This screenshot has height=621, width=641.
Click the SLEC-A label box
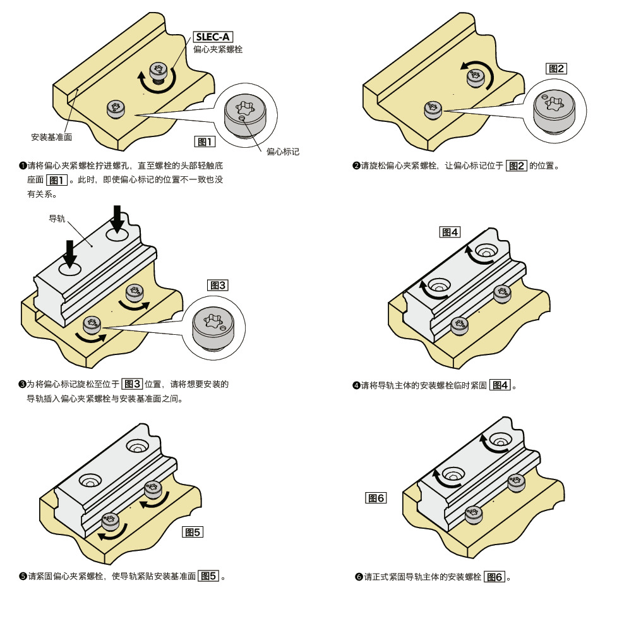(x=213, y=37)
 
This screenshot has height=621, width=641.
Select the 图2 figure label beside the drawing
(x=556, y=69)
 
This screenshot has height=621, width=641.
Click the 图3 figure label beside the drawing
(x=218, y=285)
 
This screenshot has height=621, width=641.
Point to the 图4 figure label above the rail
(x=450, y=232)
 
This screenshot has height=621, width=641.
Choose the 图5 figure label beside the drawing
(x=193, y=532)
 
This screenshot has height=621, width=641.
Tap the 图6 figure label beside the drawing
(x=376, y=498)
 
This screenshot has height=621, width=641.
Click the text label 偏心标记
(x=282, y=152)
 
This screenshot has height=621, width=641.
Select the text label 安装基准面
(x=52, y=137)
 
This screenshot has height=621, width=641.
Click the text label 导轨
(x=57, y=219)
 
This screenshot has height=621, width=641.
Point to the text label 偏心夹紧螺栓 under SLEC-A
(x=218, y=49)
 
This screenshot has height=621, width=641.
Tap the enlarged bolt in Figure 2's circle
(x=554, y=112)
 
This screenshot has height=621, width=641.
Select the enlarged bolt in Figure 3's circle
(x=213, y=329)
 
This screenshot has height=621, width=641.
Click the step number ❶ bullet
(x=23, y=166)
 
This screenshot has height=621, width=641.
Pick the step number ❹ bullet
(x=356, y=385)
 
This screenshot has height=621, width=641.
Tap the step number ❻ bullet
(x=359, y=577)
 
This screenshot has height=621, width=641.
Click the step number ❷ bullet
(x=356, y=166)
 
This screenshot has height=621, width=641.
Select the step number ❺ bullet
(x=23, y=576)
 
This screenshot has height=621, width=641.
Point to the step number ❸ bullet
(x=23, y=384)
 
